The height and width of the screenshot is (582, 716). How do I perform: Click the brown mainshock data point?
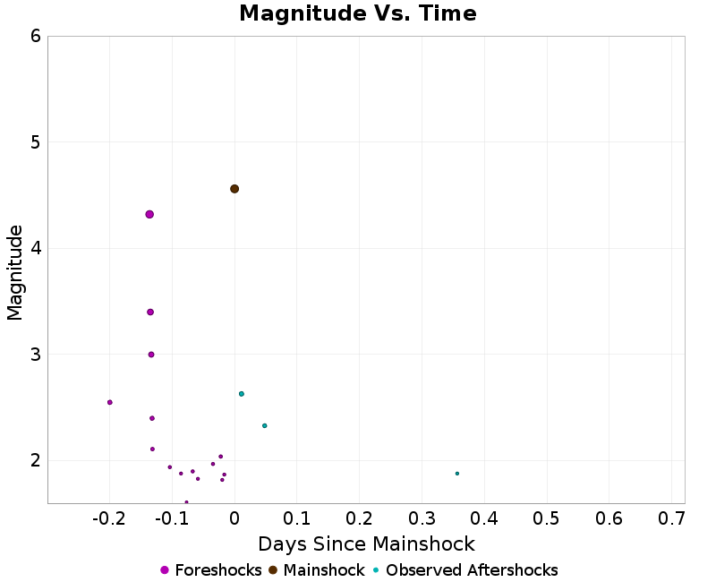click(x=234, y=189)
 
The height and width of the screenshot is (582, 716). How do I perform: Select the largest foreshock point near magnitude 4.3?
click(x=149, y=214)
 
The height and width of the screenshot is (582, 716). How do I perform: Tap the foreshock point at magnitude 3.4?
click(x=150, y=312)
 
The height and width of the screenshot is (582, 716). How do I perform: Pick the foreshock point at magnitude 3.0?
click(x=151, y=355)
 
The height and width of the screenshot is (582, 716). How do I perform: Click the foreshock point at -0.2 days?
click(x=110, y=402)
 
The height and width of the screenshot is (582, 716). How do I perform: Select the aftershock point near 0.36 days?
click(x=456, y=474)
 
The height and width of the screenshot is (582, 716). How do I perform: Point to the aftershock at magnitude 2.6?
click(x=241, y=394)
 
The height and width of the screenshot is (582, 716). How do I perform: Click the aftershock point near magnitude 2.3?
click(x=264, y=425)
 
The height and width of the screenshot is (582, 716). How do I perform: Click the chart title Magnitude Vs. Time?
click(x=358, y=14)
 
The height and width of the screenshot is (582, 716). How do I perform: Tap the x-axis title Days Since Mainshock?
click(x=366, y=543)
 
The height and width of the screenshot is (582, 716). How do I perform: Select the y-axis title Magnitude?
click(x=15, y=272)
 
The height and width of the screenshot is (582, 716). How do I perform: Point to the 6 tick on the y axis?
click(x=34, y=36)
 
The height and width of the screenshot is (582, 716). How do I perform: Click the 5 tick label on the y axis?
click(x=34, y=142)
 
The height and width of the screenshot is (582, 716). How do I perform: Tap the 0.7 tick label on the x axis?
click(x=671, y=518)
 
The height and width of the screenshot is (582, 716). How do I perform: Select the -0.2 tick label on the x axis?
click(x=108, y=518)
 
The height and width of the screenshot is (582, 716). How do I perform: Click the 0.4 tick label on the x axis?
click(x=484, y=518)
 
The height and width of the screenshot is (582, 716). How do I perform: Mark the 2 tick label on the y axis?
click(x=34, y=460)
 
